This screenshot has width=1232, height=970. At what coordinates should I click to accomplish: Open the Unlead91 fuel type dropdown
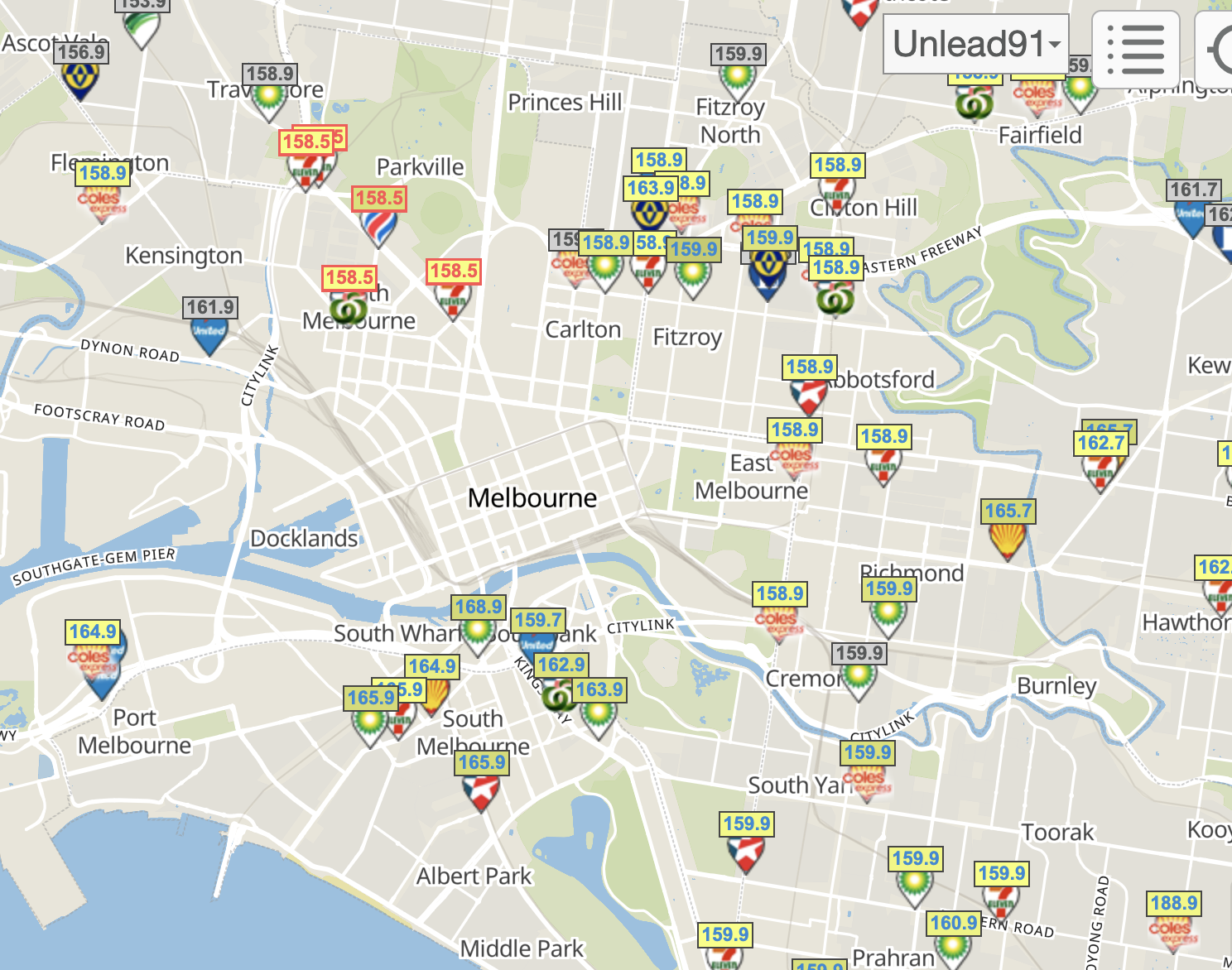point(976,44)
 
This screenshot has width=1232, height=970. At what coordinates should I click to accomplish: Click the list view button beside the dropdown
point(1135,49)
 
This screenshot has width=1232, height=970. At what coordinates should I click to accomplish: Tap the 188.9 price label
point(1173,903)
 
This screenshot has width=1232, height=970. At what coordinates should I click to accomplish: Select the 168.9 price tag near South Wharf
point(478,607)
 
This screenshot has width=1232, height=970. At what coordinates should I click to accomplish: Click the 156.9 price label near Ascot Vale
point(81,52)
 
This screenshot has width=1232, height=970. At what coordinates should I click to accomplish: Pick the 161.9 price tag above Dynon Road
point(210,307)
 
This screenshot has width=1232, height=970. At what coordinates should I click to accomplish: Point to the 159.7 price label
point(537,620)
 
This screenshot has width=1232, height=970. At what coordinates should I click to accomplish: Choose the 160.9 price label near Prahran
point(954,923)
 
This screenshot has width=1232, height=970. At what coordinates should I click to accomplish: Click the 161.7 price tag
point(1193,190)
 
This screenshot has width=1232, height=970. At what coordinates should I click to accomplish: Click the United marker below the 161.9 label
point(209,334)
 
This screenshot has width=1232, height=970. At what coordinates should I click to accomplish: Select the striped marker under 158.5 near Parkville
point(378,226)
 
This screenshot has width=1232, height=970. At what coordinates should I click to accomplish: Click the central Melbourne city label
point(532,497)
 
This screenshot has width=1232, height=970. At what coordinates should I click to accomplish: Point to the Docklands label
point(304,539)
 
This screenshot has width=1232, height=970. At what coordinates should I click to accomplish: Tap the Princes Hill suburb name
point(564,103)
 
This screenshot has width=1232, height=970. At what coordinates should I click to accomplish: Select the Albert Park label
point(474,876)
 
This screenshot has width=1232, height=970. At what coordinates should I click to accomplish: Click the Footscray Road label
point(99,416)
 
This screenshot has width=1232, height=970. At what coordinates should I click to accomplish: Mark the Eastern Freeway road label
point(922,250)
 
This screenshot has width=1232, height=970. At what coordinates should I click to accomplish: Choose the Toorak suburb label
point(1057,832)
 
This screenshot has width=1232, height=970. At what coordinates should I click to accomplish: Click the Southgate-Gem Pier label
point(94,566)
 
